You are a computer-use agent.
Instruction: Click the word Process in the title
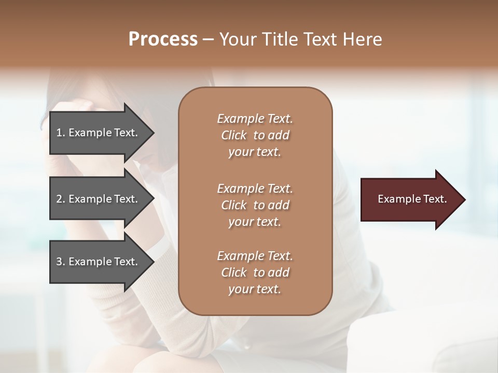click(163, 39)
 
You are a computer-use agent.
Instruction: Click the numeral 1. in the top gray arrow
click(61, 133)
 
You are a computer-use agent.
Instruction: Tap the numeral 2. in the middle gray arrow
click(61, 199)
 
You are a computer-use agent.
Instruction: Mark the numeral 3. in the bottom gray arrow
click(61, 262)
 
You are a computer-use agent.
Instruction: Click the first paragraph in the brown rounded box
click(255, 135)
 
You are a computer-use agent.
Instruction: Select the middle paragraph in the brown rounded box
click(255, 205)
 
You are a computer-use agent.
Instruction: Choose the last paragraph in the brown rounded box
click(255, 272)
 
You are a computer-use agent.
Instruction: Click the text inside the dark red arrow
click(412, 199)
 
